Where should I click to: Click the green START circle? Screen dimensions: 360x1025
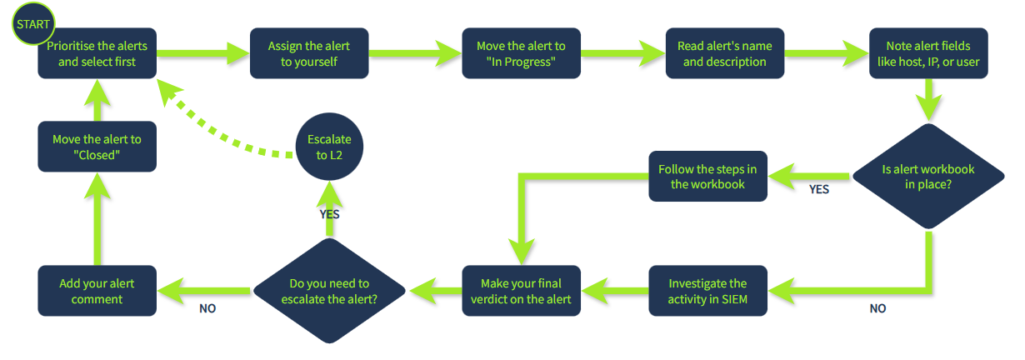[32, 24]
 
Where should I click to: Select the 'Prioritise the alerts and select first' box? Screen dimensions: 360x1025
[97, 55]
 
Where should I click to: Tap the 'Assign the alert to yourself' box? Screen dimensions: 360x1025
[309, 54]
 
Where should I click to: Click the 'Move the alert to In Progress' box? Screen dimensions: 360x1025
[521, 54]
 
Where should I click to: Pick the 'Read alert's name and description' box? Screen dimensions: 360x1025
[724, 54]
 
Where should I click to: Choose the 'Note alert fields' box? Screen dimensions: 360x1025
[927, 54]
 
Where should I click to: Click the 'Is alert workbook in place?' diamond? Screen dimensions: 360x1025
[927, 177]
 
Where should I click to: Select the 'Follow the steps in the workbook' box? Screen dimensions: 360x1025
[707, 177]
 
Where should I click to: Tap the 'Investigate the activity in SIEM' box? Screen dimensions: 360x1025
[707, 291]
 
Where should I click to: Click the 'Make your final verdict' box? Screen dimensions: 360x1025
[521, 291]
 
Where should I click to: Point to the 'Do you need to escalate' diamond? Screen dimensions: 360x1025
[328, 291]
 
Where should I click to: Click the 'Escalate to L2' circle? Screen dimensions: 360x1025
[328, 147]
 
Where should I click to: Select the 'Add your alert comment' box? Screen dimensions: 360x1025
[97, 291]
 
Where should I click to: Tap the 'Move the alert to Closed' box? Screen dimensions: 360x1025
[97, 147]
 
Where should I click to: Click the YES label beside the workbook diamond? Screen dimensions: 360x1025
[819, 190]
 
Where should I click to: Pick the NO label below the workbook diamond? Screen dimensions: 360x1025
[877, 309]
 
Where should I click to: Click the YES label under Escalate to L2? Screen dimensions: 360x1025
[329, 214]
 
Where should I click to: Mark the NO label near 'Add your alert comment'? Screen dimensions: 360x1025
[207, 309]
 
